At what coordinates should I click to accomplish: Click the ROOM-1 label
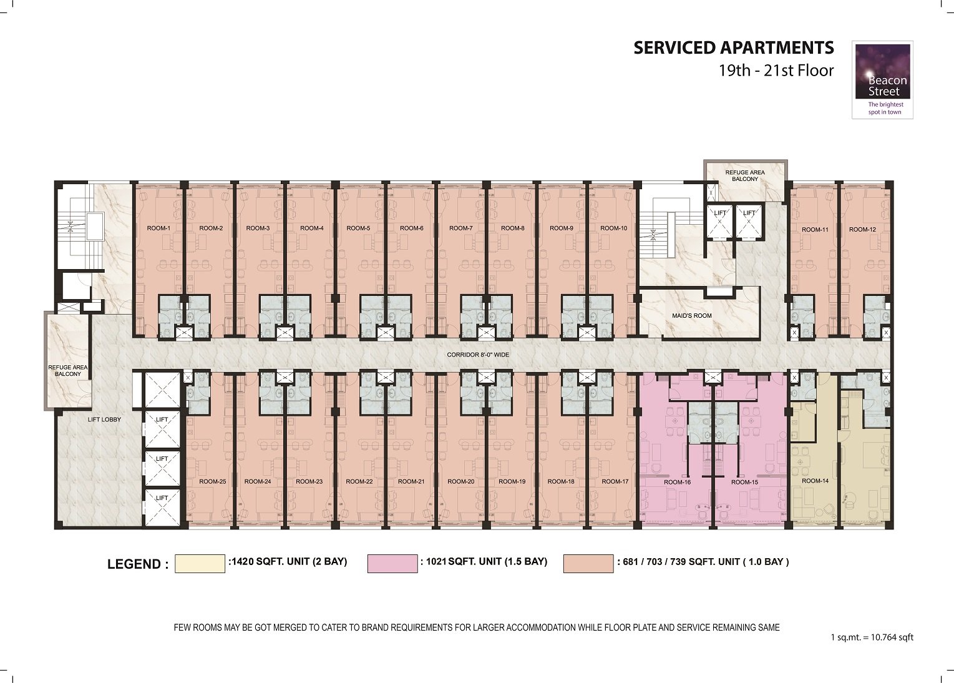click(158, 228)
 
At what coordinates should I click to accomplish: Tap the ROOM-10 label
click(614, 228)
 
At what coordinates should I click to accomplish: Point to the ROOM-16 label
click(677, 483)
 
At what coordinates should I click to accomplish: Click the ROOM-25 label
click(213, 482)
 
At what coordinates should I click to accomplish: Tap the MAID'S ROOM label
click(692, 316)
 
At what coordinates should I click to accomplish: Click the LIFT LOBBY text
click(104, 420)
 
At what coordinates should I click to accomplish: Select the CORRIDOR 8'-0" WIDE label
click(478, 355)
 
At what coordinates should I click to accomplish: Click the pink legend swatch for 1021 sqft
click(392, 563)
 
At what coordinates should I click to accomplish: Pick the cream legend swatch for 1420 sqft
click(200, 563)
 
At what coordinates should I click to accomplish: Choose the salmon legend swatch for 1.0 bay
click(588, 563)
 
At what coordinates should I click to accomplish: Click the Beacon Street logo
click(882, 80)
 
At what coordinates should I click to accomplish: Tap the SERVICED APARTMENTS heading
click(733, 47)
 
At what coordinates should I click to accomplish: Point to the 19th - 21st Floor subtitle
click(776, 71)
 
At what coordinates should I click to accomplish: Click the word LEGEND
click(138, 564)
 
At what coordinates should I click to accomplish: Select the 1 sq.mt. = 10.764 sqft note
click(872, 637)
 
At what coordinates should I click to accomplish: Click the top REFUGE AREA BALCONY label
click(745, 175)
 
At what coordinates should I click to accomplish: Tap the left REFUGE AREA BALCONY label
click(68, 371)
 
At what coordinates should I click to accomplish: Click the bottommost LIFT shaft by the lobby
click(162, 507)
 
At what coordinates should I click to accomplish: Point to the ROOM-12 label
click(862, 230)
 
